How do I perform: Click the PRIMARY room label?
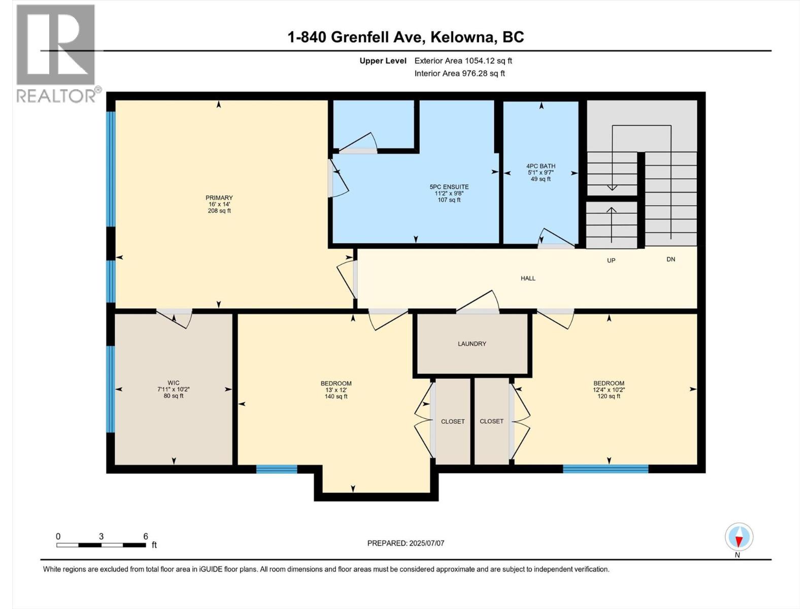(219, 198)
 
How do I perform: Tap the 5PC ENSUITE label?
(449, 187)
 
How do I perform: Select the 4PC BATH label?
(540, 166)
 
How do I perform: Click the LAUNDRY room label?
(472, 344)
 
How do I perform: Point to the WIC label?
(174, 383)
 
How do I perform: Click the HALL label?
(528, 278)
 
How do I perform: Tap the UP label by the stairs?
(611, 260)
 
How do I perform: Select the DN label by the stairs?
(671, 259)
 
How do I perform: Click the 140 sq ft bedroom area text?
(336, 396)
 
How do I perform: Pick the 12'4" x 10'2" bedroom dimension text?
(608, 390)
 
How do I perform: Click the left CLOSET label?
(453, 421)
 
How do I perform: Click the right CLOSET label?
(491, 421)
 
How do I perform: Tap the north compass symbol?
(739, 537)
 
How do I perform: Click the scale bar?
(101, 545)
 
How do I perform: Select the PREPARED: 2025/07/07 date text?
(405, 543)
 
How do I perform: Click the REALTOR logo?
(56, 53)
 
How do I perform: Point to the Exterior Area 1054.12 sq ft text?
(463, 60)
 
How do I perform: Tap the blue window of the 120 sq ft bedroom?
(605, 469)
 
